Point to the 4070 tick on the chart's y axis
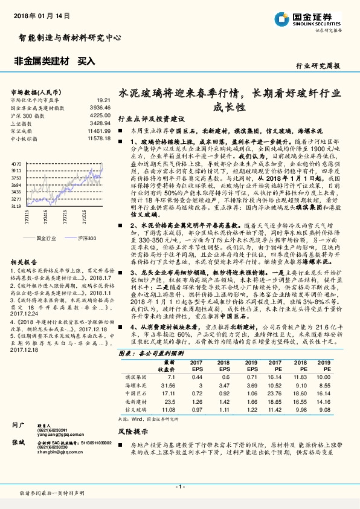(x=16, y=164)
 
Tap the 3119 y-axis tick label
(x=16, y=206)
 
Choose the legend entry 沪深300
(x=86, y=239)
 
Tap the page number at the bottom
(x=179, y=486)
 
